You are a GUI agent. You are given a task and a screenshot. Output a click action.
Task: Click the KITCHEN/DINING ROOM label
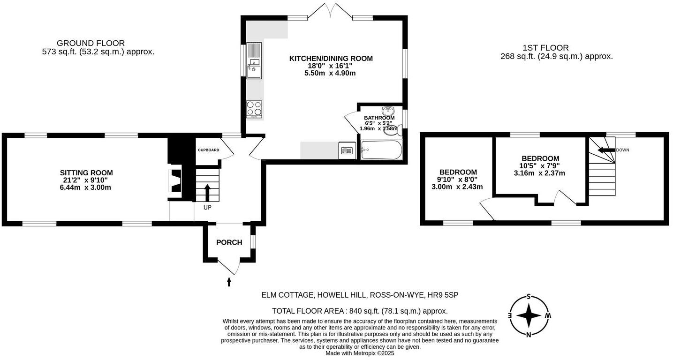point(331,59)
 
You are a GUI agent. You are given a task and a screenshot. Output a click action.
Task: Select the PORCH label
point(229,242)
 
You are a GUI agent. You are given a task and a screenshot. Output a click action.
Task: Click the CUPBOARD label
point(208,150)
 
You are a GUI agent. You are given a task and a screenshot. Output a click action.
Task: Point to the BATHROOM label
point(379,118)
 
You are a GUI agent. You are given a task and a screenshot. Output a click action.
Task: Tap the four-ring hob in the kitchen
point(254,109)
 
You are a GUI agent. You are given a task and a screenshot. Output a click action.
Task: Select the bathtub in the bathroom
point(381,150)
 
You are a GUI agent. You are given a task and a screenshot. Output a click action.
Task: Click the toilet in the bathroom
point(391,131)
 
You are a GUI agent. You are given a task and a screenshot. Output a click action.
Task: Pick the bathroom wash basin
point(387,111)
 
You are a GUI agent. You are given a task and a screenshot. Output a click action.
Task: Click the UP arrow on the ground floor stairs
point(207,192)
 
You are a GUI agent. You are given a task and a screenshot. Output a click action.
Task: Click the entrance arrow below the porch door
point(229,281)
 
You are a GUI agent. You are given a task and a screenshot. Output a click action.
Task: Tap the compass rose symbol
point(529,315)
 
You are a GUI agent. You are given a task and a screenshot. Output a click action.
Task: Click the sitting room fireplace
point(174,181)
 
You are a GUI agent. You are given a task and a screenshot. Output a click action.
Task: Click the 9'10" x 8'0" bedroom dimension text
point(458,180)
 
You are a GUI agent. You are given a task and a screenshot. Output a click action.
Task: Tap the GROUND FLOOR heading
point(91,43)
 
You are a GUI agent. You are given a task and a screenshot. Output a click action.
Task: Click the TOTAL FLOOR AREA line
point(360,311)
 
